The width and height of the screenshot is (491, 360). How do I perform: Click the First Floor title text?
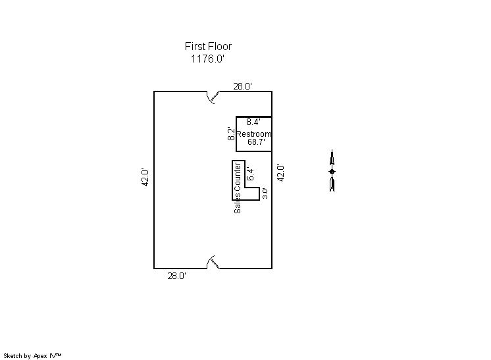[x=208, y=46]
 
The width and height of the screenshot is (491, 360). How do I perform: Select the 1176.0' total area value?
[x=208, y=59]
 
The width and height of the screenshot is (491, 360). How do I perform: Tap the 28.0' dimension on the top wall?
[x=243, y=86]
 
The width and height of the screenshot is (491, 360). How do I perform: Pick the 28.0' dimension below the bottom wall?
[x=177, y=276]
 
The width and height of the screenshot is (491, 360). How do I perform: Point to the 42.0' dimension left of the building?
[x=145, y=178]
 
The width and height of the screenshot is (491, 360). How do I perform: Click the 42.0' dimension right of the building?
[x=280, y=173]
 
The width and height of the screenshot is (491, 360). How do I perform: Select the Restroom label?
[x=253, y=134]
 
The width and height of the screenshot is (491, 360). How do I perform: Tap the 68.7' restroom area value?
[x=257, y=141]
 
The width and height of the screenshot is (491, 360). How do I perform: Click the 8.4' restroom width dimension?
[x=253, y=122]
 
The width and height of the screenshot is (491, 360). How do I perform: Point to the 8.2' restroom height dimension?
[x=231, y=134]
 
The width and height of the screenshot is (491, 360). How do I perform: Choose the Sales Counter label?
[x=238, y=188]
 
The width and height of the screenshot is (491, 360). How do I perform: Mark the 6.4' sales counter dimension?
[x=250, y=174]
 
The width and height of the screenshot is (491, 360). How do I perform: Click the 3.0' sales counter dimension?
[x=265, y=193]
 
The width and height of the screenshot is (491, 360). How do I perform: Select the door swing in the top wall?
[x=213, y=97]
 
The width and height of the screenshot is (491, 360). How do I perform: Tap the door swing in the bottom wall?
[x=213, y=262]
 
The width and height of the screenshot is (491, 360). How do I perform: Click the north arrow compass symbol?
[x=332, y=171]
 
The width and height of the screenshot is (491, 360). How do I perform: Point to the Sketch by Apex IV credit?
[x=32, y=355]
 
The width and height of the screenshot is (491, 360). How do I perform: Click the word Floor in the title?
[x=219, y=46]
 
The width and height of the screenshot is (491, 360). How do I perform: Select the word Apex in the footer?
[x=40, y=356]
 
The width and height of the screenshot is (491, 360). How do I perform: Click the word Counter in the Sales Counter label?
[x=238, y=176]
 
